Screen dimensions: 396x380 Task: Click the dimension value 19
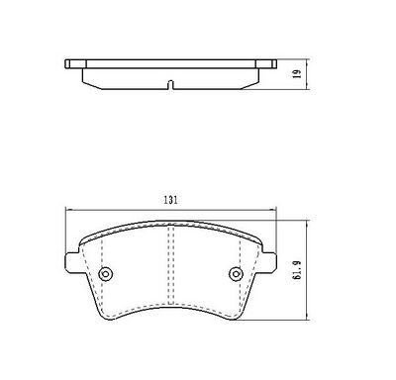pyautogui.click(x=298, y=74)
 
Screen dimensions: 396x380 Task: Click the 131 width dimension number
pyautogui.click(x=170, y=200)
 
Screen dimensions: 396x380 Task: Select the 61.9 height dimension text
pyautogui.click(x=297, y=270)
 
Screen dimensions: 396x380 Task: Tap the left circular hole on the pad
pyautogui.click(x=106, y=273)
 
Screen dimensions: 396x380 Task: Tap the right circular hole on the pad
pyautogui.click(x=236, y=273)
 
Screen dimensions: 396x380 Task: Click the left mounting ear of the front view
pyautogui.click(x=72, y=263)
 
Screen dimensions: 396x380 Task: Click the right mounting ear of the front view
pyautogui.click(x=269, y=263)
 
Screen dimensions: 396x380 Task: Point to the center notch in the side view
pyautogui.click(x=170, y=85)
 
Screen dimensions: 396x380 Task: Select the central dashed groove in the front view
pyautogui.click(x=171, y=264)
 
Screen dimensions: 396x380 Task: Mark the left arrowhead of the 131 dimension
pyautogui.click(x=68, y=210)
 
